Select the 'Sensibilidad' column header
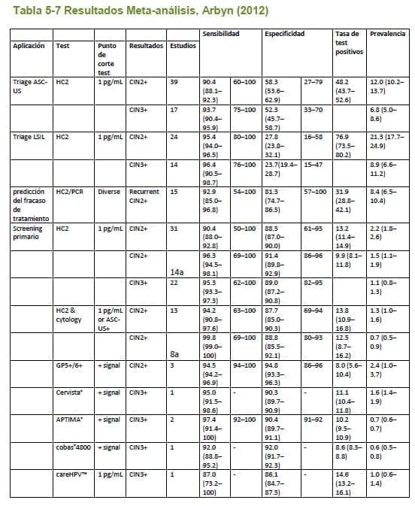click(x=220, y=35)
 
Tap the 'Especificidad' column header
click(x=284, y=35)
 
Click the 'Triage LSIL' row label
click(x=29, y=137)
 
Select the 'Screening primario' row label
click(x=28, y=233)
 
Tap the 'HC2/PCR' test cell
click(x=71, y=192)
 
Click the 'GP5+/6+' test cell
click(x=70, y=364)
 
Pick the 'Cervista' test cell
click(x=70, y=392)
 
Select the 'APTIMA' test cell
click(x=69, y=418)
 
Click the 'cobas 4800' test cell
click(x=72, y=447)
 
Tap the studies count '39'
click(x=174, y=80)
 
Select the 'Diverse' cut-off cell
click(x=108, y=192)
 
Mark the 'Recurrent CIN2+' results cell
click(x=144, y=196)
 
